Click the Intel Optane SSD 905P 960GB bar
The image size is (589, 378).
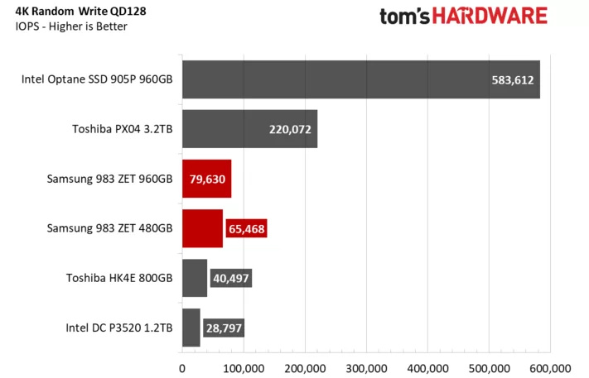360,80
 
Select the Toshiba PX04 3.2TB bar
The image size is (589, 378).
249,129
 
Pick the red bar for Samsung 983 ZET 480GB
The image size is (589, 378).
202,228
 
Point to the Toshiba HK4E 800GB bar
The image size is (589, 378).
194,278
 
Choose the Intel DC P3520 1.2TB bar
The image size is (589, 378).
191,328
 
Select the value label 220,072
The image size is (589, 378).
289,130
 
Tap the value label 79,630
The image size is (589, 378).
207,179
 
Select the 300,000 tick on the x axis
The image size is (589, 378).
366,366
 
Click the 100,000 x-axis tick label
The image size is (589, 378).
244,366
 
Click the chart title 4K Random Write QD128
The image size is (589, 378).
81,12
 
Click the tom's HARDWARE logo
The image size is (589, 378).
463,16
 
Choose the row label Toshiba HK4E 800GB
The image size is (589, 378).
119,278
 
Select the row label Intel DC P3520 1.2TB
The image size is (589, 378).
119,328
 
